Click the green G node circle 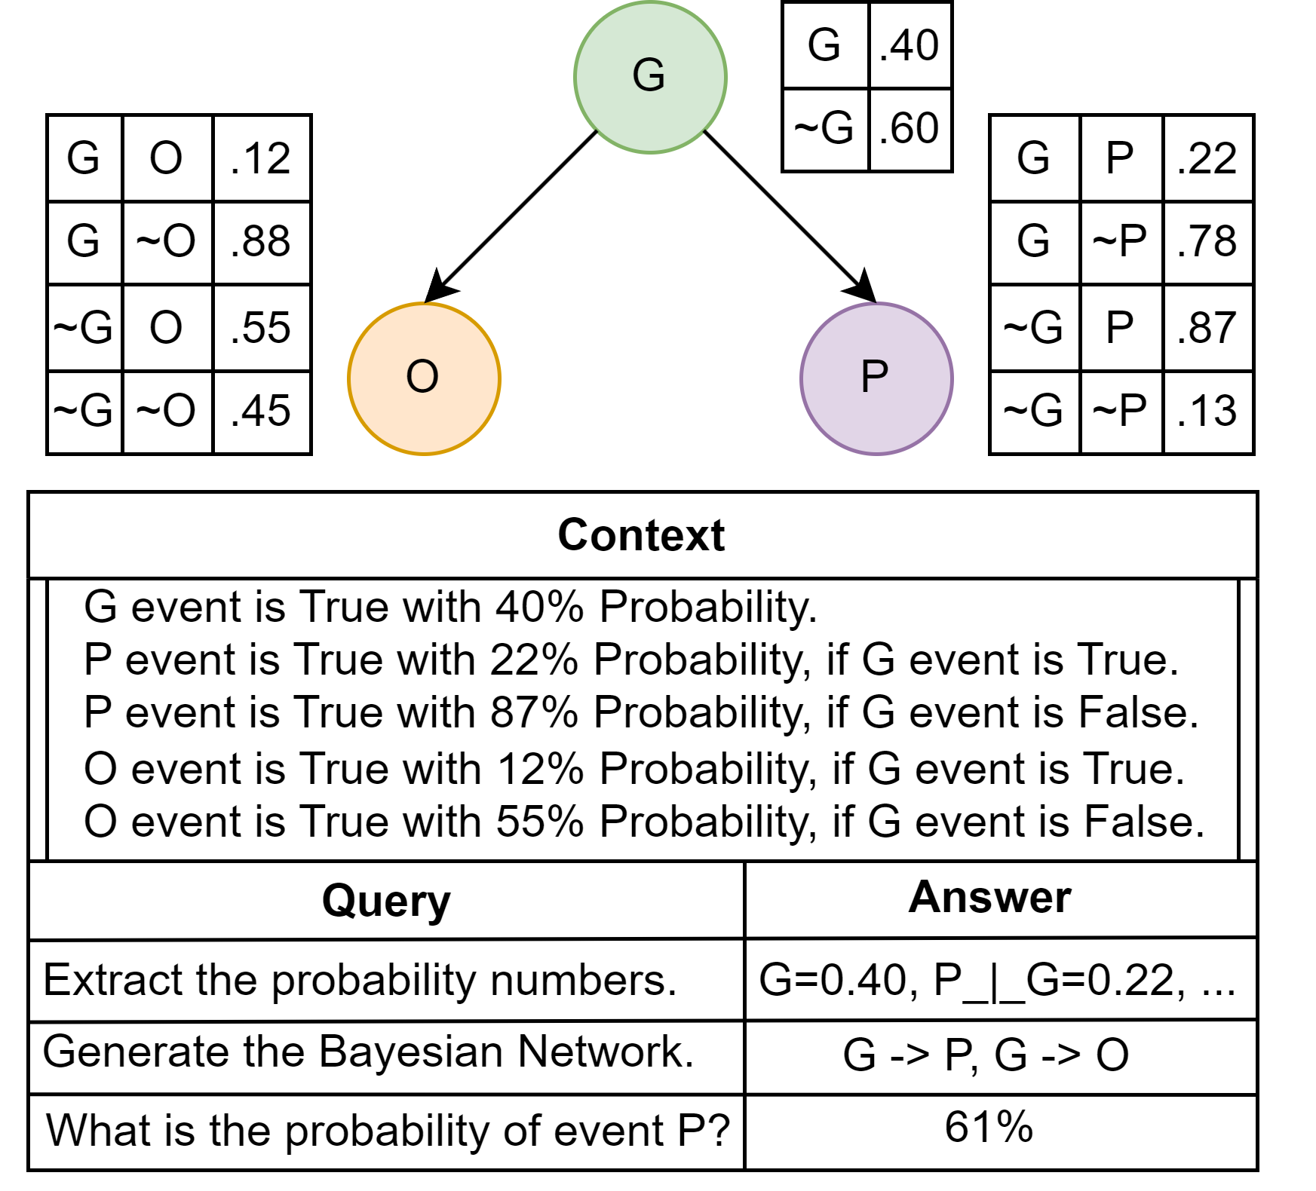pyautogui.click(x=650, y=77)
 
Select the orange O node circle pyautogui.click(x=424, y=378)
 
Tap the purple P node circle pyautogui.click(x=876, y=378)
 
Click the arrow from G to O pyautogui.click(x=513, y=216)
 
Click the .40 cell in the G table pyautogui.click(x=910, y=45)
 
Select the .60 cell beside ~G pyautogui.click(x=910, y=128)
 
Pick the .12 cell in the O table pyautogui.click(x=261, y=159)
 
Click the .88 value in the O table pyautogui.click(x=261, y=242)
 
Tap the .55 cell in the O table pyautogui.click(x=261, y=328)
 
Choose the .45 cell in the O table pyautogui.click(x=261, y=412)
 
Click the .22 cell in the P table pyautogui.click(x=1207, y=159)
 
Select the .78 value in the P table pyautogui.click(x=1207, y=242)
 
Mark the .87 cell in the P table pyautogui.click(x=1207, y=328)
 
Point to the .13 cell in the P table pyautogui.click(x=1207, y=412)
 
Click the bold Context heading pyautogui.click(x=642, y=535)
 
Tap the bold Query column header pyautogui.click(x=386, y=901)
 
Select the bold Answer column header pyautogui.click(x=989, y=897)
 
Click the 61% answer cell pyautogui.click(x=989, y=1128)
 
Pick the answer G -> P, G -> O pyautogui.click(x=986, y=1055)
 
